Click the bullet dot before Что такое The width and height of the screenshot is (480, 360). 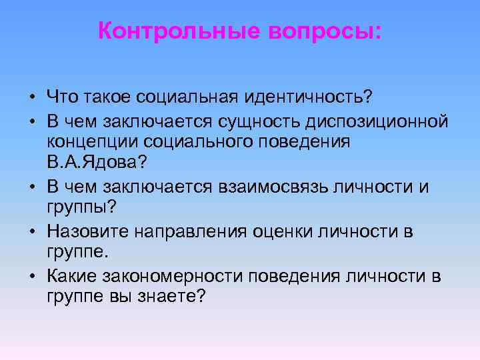32,98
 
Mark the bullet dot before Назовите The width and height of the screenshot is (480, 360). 32,232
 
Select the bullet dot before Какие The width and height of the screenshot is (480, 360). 32,276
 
